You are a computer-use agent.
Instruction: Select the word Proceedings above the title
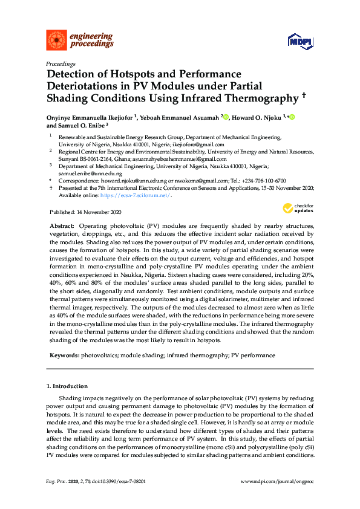point(61,63)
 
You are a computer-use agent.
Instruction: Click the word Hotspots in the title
point(131,74)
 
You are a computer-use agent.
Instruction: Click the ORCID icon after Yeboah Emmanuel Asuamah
point(224,116)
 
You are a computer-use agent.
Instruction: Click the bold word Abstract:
point(62,225)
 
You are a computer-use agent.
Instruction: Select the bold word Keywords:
point(64,355)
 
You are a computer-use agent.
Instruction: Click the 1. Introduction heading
point(67,386)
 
